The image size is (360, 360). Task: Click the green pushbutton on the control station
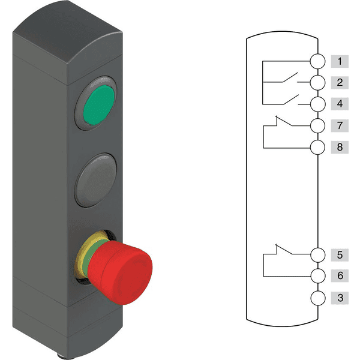99,105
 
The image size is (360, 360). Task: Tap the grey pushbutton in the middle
96,180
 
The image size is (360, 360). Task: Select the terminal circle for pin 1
318,61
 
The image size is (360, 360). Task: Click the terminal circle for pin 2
318,82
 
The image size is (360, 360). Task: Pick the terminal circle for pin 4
318,104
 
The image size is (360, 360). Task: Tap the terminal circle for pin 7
318,125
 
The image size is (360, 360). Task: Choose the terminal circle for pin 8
318,147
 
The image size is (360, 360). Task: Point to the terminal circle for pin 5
318,254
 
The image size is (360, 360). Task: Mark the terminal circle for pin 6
318,276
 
